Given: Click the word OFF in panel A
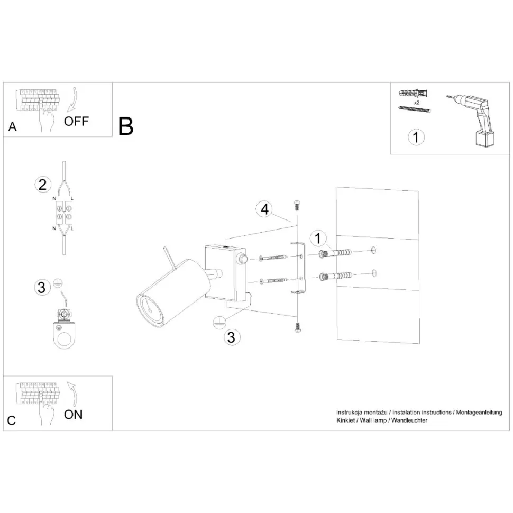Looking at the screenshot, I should [77, 121].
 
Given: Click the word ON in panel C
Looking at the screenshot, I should [74, 414].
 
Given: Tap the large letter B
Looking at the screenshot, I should [126, 126].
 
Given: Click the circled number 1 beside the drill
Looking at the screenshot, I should [416, 137].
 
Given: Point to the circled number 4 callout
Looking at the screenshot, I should [264, 209].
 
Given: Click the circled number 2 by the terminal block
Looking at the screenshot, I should [43, 185].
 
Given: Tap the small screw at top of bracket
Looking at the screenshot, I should [297, 204].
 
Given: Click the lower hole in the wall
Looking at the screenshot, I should [373, 273].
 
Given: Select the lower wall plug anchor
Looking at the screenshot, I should [336, 276].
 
